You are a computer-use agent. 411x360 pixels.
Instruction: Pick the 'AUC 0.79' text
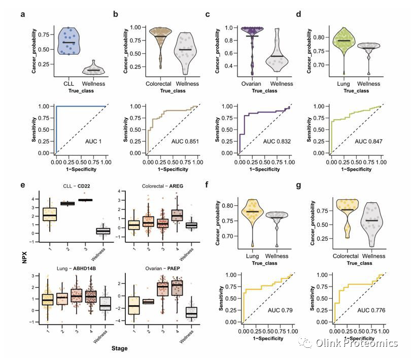280,309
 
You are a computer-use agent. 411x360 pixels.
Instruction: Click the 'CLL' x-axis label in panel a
69,84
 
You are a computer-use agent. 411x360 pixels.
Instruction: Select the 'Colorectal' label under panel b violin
160,84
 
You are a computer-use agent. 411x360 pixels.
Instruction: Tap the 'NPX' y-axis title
23,264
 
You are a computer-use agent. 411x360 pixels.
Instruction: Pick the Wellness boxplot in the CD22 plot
104,231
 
